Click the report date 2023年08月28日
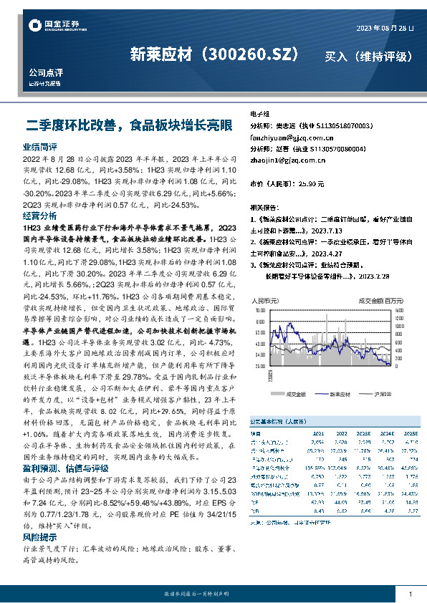385,28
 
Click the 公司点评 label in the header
46,73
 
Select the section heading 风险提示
39,536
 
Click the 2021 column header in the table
318,434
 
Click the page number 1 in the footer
411,594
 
